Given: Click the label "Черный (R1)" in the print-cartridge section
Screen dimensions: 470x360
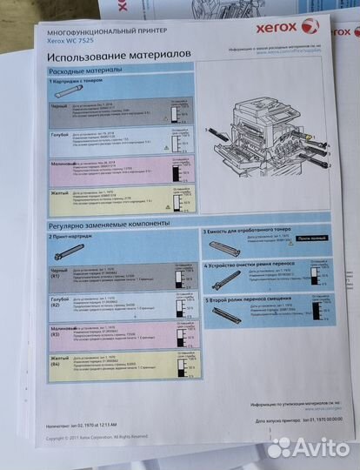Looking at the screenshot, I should tap(59, 273).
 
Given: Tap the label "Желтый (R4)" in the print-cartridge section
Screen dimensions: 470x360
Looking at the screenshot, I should tap(59, 359).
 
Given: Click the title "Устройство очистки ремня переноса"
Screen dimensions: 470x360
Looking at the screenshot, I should tap(253, 265).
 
